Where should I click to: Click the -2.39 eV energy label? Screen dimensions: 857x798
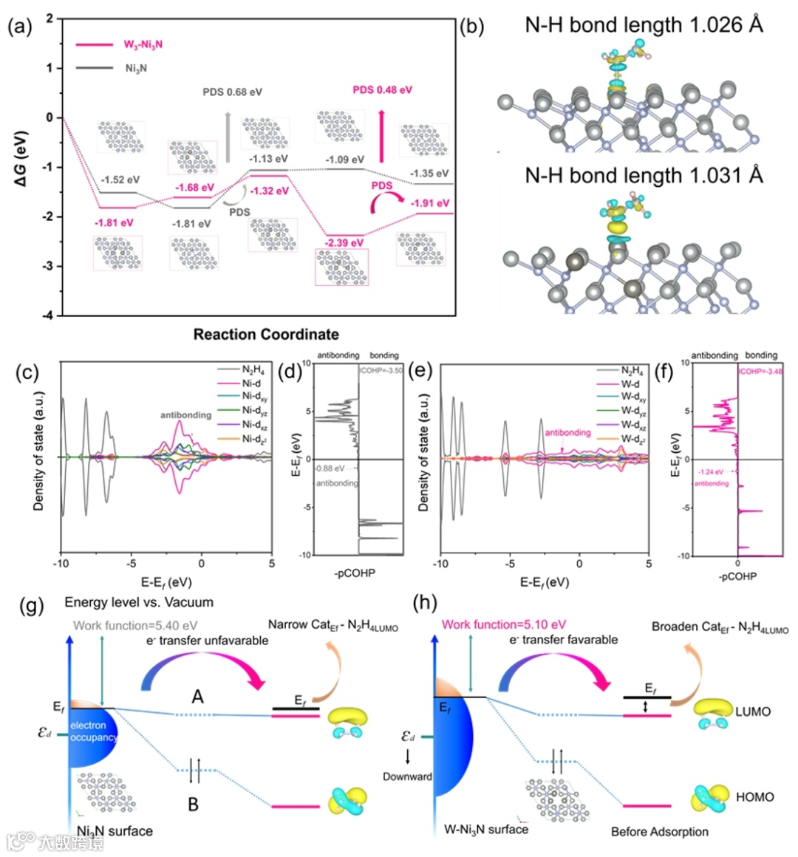click(345, 242)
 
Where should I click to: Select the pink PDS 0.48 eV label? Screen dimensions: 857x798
click(382, 90)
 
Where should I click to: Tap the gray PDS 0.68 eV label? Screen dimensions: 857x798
click(233, 92)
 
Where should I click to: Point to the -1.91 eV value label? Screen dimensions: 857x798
click(431, 203)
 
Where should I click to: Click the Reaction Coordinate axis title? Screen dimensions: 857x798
click(266, 334)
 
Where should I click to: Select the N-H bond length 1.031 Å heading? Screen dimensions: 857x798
click(644, 175)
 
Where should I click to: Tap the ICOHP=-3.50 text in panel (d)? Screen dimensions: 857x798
click(381, 370)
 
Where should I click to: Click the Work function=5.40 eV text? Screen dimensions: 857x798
click(135, 626)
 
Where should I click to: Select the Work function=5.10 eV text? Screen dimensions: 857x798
click(504, 624)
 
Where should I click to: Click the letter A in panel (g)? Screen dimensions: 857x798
click(197, 697)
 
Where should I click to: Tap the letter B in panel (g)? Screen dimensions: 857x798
click(193, 804)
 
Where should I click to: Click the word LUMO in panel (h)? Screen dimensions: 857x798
click(753, 711)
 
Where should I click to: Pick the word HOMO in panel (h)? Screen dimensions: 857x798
click(754, 797)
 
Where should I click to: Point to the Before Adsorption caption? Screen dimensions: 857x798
click(659, 832)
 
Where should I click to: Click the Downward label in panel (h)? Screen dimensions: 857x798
click(407, 776)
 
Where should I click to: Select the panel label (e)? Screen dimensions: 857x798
click(420, 371)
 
